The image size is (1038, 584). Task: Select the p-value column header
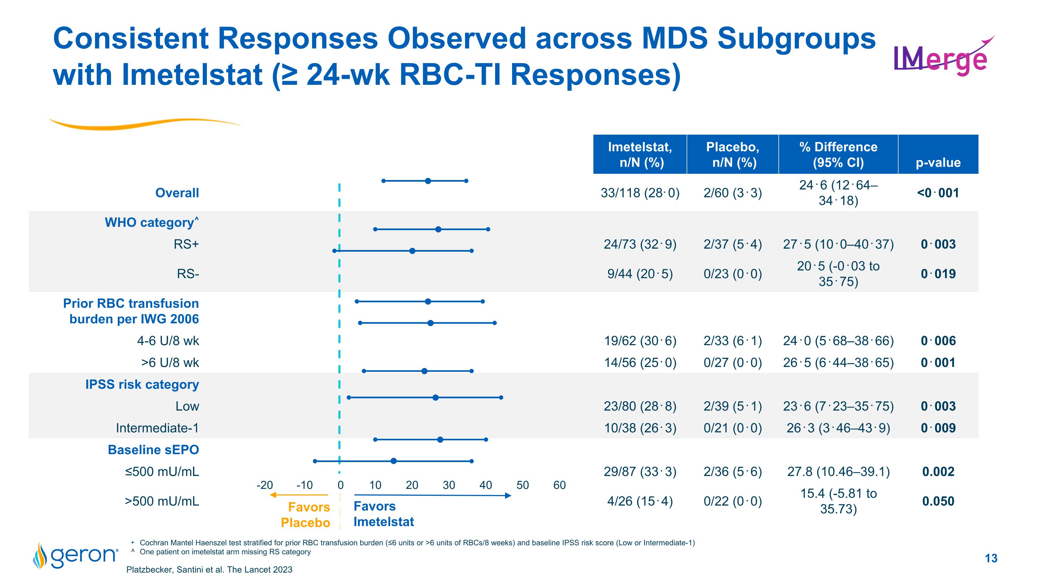pyautogui.click(x=938, y=162)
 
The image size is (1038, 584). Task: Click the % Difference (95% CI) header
pyautogui.click(x=838, y=154)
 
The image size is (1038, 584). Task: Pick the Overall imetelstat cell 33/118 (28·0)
pyautogui.click(x=640, y=193)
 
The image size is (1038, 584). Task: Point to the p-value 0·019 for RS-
pyautogui.click(x=938, y=274)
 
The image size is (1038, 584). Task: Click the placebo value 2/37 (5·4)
pyautogui.click(x=732, y=244)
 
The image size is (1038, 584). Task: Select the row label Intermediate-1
pyautogui.click(x=157, y=428)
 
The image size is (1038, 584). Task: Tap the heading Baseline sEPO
pyautogui.click(x=153, y=449)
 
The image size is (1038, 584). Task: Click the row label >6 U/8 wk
pyautogui.click(x=170, y=362)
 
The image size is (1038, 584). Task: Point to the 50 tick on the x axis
pyautogui.click(x=522, y=485)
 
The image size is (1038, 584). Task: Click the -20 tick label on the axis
pyautogui.click(x=264, y=485)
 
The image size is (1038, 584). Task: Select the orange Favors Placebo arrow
pyautogui.click(x=299, y=495)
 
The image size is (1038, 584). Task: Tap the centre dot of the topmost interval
pyautogui.click(x=428, y=181)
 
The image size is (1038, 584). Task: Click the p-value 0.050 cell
pyautogui.click(x=938, y=501)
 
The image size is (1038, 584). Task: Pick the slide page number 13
pyautogui.click(x=991, y=558)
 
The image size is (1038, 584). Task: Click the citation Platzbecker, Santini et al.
pyautogui.click(x=209, y=569)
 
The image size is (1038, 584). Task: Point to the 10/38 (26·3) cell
pyautogui.click(x=640, y=428)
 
